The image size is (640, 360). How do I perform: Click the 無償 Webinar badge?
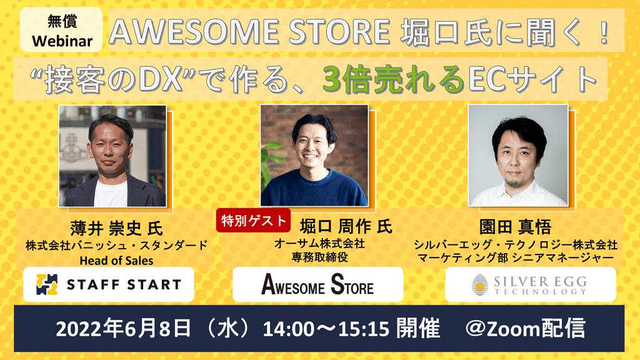click(61, 30)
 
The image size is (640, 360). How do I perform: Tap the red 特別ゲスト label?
click(254, 221)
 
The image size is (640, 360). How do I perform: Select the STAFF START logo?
click(109, 284)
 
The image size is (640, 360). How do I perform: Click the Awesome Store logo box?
click(318, 284)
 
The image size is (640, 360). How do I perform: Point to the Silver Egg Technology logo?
click(530, 284)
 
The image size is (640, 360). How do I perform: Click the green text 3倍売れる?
click(394, 79)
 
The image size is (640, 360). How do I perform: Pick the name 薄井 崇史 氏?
click(116, 228)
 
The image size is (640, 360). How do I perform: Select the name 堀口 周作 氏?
click(346, 226)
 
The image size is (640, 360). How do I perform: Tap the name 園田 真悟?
click(515, 227)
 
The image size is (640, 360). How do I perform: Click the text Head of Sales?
click(116, 261)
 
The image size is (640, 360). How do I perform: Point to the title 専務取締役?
click(319, 257)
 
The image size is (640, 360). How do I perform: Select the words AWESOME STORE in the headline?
click(250, 31)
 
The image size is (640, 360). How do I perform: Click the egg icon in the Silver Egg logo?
click(480, 285)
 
